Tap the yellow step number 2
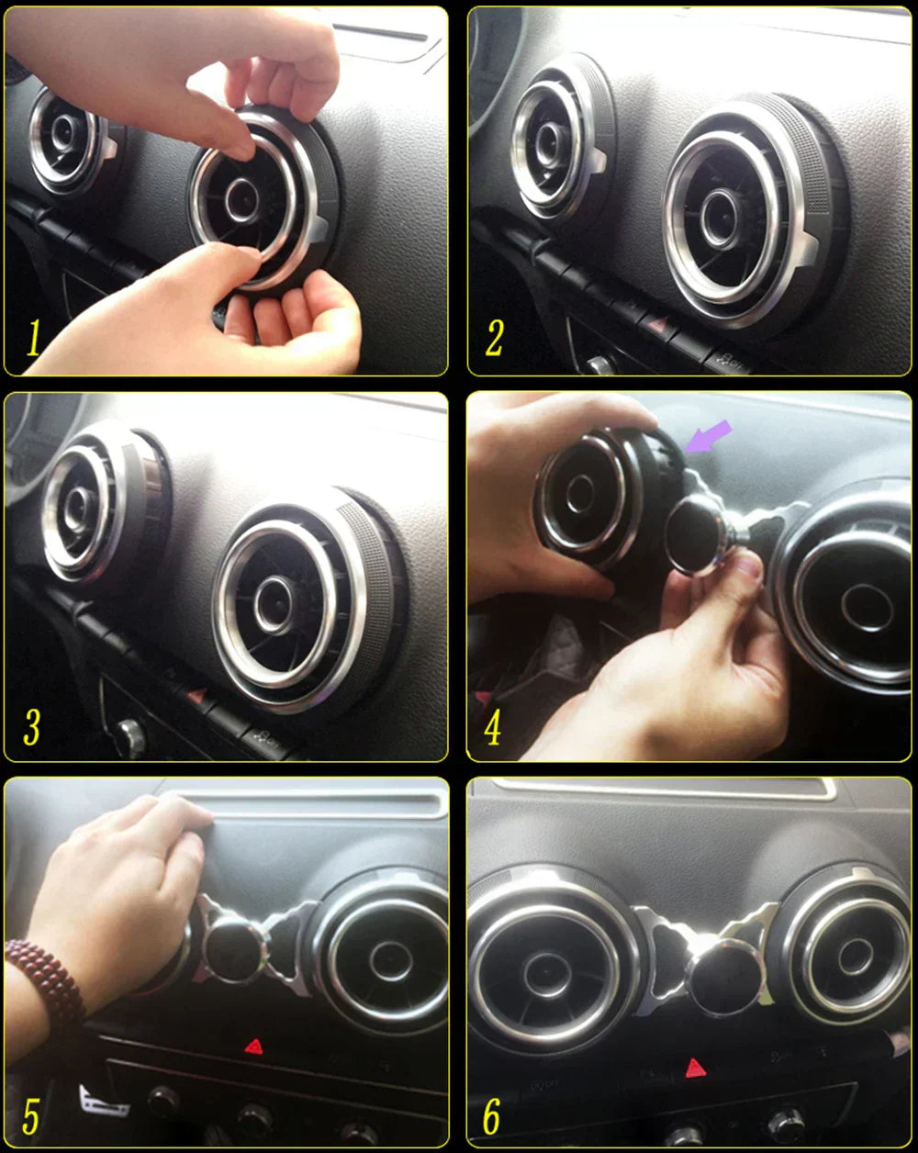tap(494, 338)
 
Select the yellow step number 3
tap(32, 727)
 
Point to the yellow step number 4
tap(493, 727)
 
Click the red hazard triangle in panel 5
tap(253, 1047)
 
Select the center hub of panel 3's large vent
tap(274, 604)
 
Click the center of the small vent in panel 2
tap(549, 144)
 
